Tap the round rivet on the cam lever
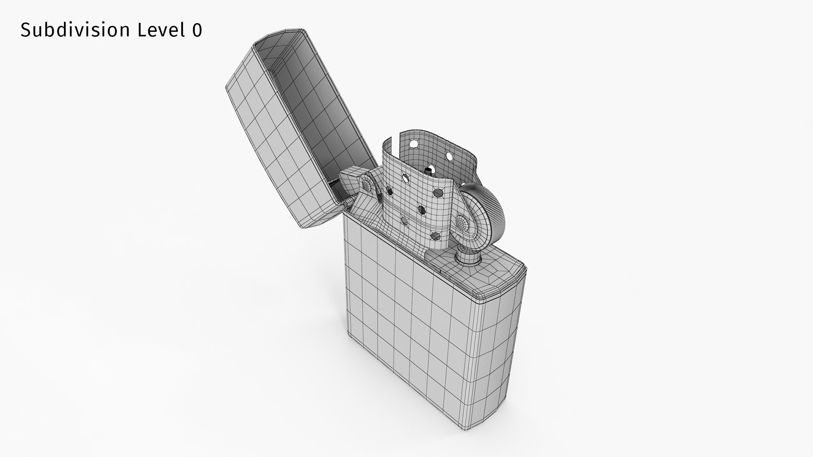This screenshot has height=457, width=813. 365,184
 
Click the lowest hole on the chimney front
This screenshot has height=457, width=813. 435,236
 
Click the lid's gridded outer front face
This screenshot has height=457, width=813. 263,140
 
